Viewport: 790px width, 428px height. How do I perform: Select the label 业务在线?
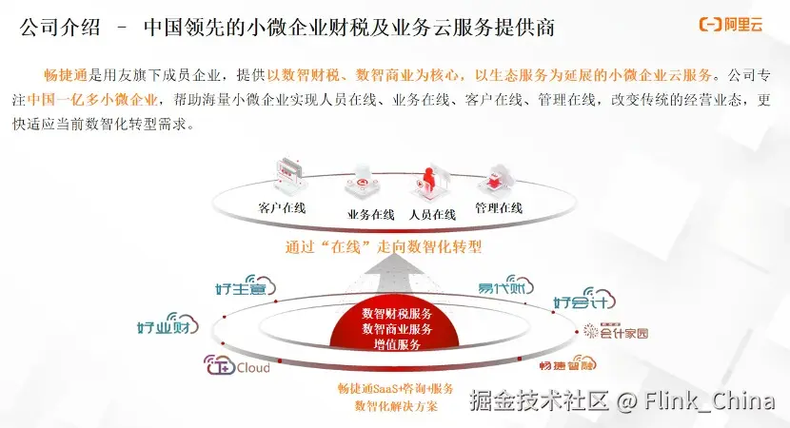[371, 214]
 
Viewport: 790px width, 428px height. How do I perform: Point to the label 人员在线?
[432, 214]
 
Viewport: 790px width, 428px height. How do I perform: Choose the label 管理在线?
[499, 207]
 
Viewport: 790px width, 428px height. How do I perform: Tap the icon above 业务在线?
[367, 180]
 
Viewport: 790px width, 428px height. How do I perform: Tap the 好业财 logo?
[168, 326]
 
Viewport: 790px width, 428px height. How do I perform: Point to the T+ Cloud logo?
[237, 366]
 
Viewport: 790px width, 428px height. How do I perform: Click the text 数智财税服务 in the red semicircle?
[397, 313]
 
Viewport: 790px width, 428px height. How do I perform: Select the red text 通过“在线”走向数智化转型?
[384, 246]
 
